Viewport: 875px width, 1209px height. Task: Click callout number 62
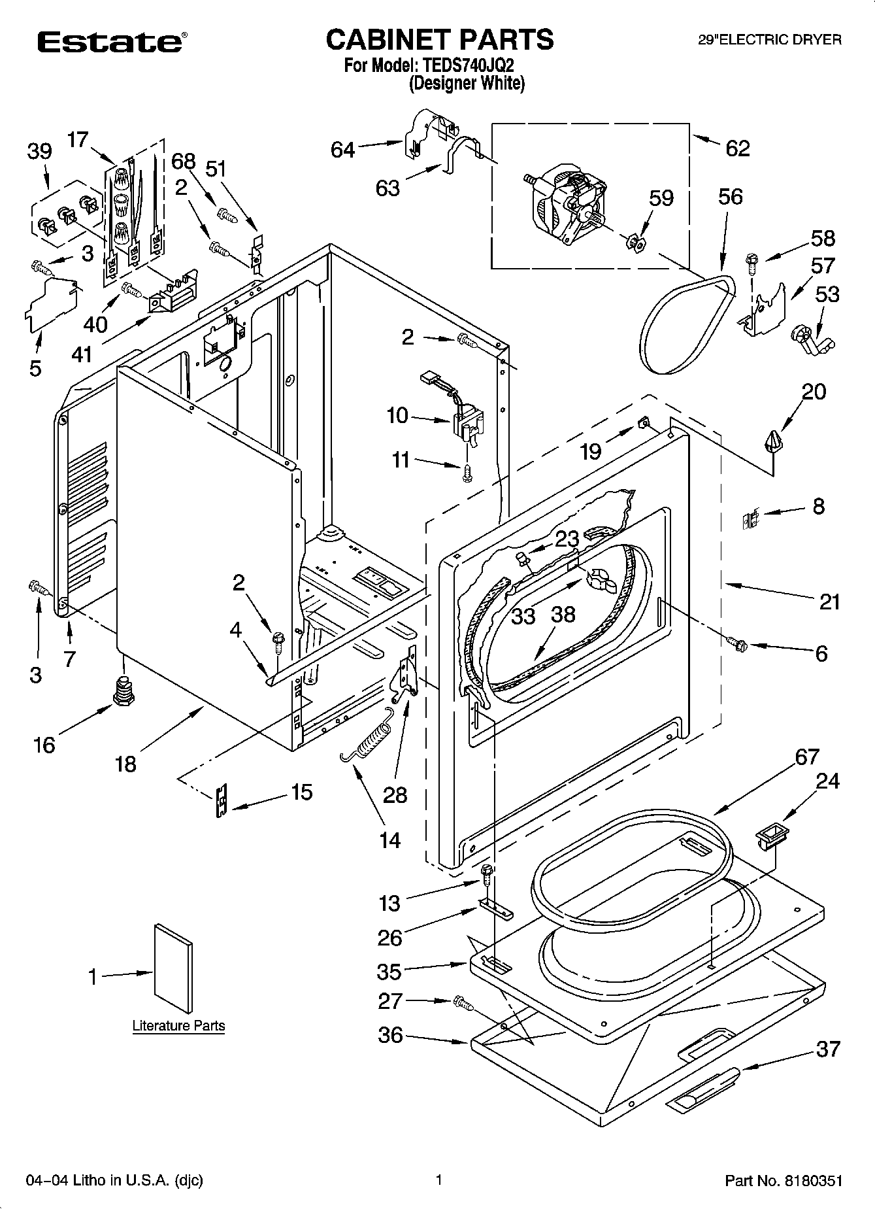pos(738,148)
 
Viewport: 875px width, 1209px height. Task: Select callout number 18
pos(125,763)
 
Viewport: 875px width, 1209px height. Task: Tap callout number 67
pos(807,757)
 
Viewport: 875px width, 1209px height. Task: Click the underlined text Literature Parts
pos(178,1026)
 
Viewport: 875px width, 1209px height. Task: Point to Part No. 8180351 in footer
pos(784,1180)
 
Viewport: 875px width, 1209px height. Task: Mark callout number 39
pos(39,152)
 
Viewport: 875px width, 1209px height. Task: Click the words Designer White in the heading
pos(467,84)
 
